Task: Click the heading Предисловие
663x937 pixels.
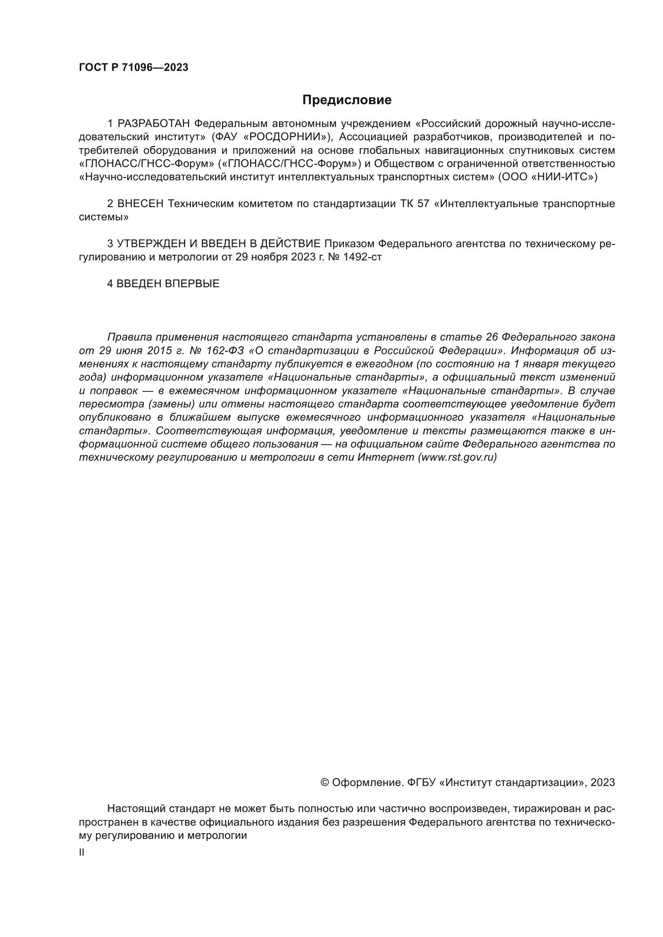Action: (347, 100)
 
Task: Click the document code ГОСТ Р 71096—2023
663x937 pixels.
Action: (133, 68)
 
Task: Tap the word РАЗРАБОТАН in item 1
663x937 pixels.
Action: (154, 124)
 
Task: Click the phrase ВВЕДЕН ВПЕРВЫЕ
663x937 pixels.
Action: (168, 284)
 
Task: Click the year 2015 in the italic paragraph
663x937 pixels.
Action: (154, 351)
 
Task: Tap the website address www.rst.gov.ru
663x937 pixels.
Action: (458, 457)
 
